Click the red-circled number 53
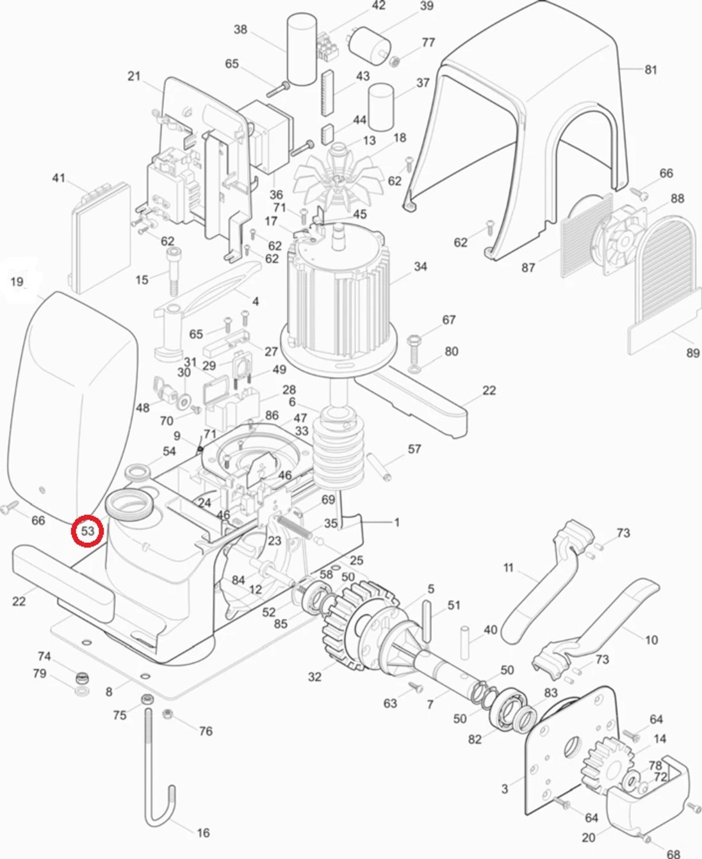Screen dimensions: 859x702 click(87, 531)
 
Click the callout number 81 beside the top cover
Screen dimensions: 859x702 click(650, 69)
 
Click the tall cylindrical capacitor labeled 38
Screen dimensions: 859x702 click(301, 50)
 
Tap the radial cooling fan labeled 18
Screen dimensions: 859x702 click(336, 179)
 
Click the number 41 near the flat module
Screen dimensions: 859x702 click(58, 177)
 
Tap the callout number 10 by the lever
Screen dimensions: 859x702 click(651, 639)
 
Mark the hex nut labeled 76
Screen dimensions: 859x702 click(168, 714)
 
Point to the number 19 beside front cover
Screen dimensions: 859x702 click(17, 281)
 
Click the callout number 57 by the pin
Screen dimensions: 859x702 click(414, 449)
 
